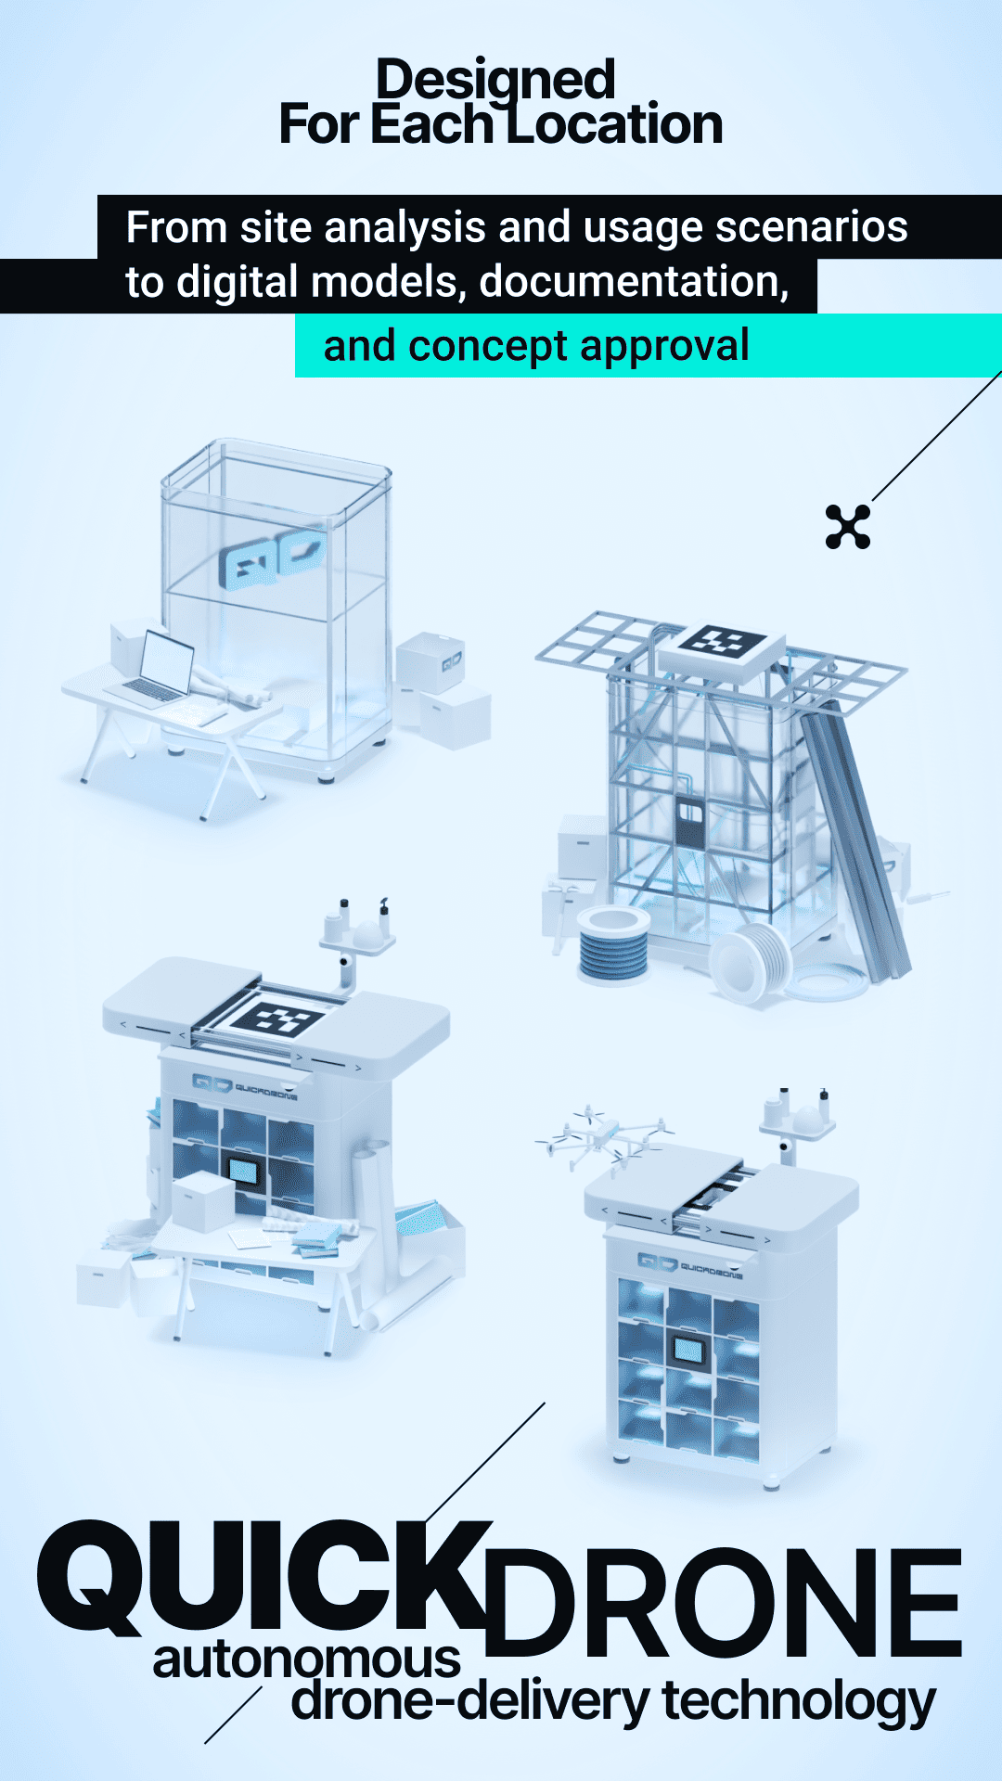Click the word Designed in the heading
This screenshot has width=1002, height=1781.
pos(495,80)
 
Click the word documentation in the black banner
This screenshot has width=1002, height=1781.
pos(634,282)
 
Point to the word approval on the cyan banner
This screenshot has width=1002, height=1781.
pos(665,346)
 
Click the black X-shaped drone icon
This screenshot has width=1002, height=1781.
pos(848,527)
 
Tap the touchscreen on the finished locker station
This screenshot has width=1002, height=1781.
pos(688,1349)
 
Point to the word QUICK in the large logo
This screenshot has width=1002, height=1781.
pos(264,1577)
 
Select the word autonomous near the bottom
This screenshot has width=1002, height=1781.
pos(307,1659)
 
